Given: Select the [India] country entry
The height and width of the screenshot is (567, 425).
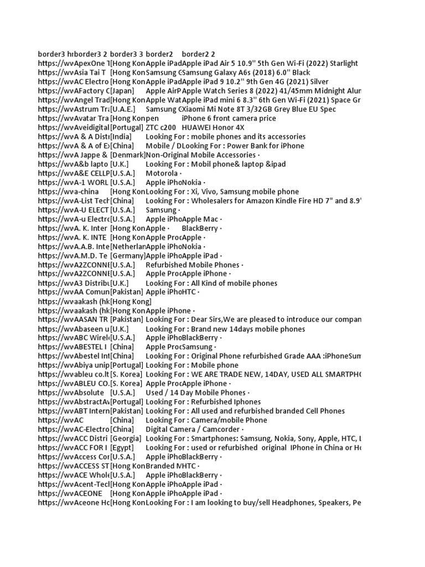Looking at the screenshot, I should pyautogui.click(x=122, y=137).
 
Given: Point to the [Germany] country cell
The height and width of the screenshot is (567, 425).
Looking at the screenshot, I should pyautogui.click(x=128, y=256).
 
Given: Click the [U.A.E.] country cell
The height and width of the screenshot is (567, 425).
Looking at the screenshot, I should pyautogui.click(x=125, y=109).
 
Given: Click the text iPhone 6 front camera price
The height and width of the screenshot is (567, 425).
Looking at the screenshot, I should pyautogui.click(x=229, y=118).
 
